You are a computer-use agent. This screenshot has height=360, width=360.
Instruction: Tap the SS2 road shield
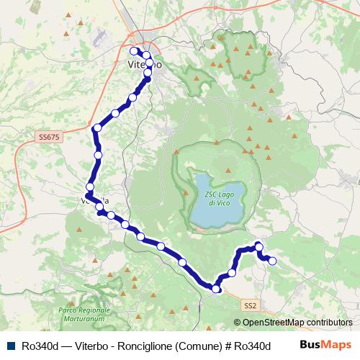(250, 306)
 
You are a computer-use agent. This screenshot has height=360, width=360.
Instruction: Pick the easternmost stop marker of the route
(272, 261)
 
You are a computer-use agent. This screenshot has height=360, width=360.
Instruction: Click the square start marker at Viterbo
(133, 51)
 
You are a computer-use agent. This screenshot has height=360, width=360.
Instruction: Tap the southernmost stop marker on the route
(216, 289)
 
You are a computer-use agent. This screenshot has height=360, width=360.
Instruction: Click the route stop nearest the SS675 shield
(97, 128)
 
